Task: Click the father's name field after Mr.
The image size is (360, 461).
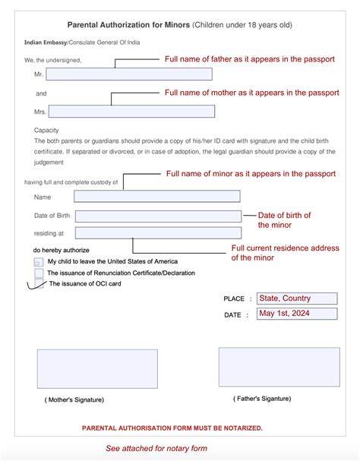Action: pos(129,74)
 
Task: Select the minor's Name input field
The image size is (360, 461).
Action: pos(157,197)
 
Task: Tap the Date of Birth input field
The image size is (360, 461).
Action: pos(157,216)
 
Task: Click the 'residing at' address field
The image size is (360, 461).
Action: pos(157,234)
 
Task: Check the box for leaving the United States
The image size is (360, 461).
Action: pos(39,261)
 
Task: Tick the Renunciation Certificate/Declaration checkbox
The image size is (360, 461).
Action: pos(39,273)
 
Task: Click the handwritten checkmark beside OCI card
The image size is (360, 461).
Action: pos(36,285)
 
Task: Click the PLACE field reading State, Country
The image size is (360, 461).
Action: pos(297,298)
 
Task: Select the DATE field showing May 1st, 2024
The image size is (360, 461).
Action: pos(297,314)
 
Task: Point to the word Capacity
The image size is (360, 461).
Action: pos(46,131)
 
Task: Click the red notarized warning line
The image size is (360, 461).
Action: pos(172,428)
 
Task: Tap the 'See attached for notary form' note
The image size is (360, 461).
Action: pos(156,448)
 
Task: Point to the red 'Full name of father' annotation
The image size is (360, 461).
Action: pos(250,59)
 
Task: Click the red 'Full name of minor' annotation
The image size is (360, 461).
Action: pos(251,174)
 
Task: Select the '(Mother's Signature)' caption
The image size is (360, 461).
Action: pos(74,399)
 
